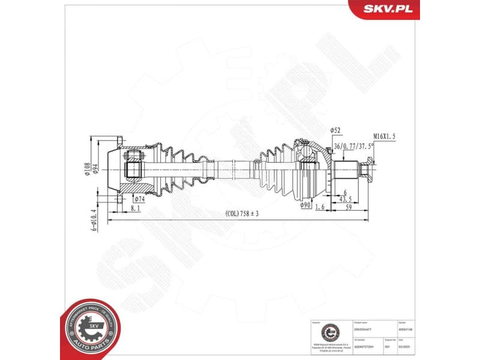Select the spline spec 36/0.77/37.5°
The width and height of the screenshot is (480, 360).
(x=354, y=146)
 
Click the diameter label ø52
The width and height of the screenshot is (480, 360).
(x=335, y=131)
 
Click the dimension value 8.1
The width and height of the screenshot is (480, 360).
(x=135, y=208)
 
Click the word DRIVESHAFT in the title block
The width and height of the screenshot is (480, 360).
(x=364, y=329)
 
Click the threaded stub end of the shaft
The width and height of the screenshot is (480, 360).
(x=369, y=169)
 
